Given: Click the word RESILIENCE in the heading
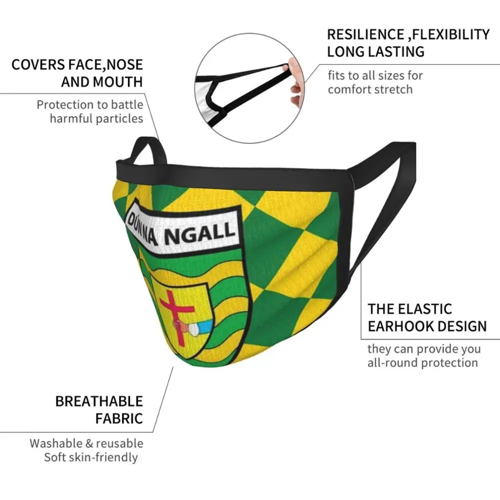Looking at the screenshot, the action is click(365, 34).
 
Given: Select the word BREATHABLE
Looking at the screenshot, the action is click(99, 401).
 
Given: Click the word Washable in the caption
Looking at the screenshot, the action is click(54, 443).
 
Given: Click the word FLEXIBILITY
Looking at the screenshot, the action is click(449, 34).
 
